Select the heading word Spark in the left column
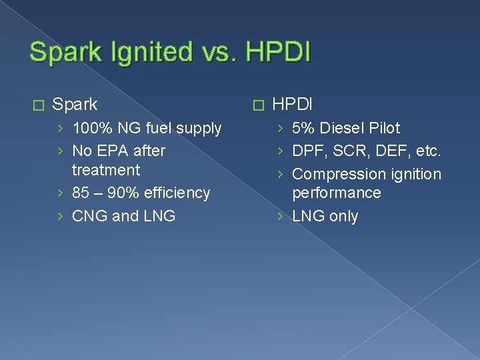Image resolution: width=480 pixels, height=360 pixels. (x=75, y=105)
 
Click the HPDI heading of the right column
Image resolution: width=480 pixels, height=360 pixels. (x=293, y=105)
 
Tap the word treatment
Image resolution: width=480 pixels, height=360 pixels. (x=105, y=169)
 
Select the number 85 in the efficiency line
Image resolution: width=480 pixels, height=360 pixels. (x=81, y=193)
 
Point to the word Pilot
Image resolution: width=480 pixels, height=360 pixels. (x=381, y=128)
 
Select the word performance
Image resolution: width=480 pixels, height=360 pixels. (x=337, y=193)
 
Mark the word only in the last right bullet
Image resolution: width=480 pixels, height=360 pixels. (x=343, y=216)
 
